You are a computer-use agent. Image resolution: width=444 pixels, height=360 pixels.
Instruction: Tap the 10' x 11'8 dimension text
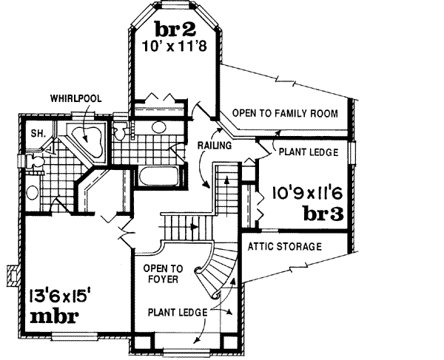pos(175,46)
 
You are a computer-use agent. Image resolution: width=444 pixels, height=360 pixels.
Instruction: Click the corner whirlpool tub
pos(88,140)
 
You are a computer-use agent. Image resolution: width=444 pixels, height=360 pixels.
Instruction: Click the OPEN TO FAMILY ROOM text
pos(285,114)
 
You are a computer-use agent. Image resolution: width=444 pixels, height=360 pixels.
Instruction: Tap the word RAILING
pos(215,146)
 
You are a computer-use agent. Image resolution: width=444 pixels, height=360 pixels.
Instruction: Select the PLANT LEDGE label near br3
pos(309,152)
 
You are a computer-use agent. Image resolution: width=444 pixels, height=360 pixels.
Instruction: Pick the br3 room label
pos(326,214)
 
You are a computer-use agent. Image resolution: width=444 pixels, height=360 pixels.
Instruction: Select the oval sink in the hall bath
pos(155,127)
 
